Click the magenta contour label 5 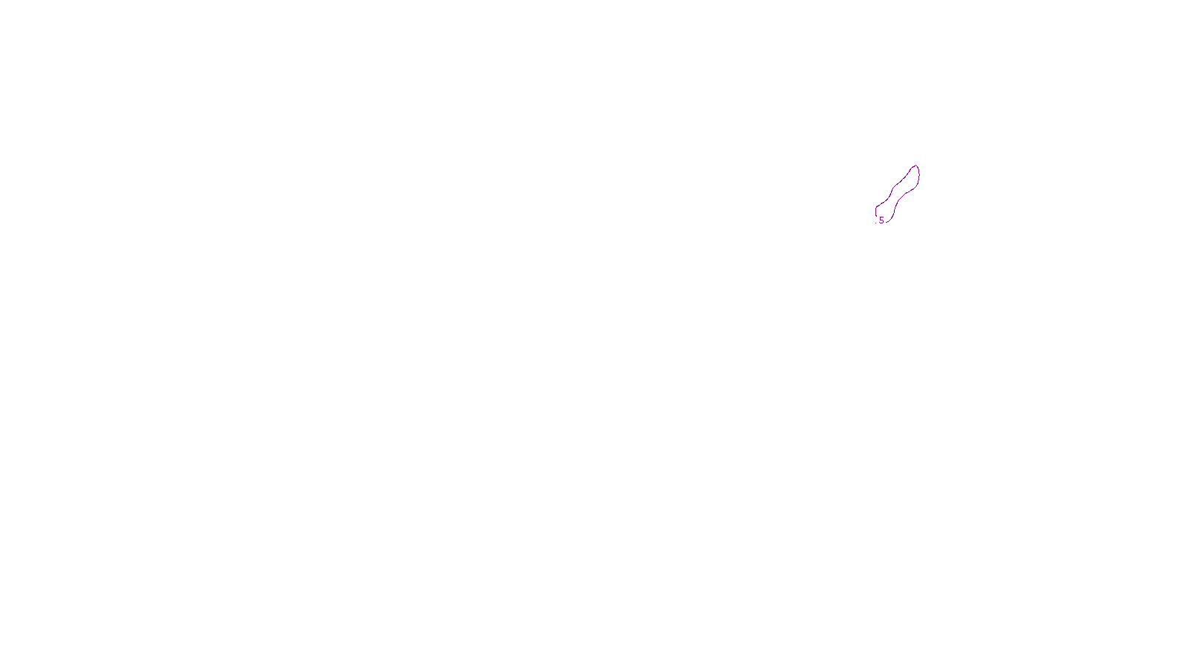click(x=881, y=220)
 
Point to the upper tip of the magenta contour click(x=916, y=166)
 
